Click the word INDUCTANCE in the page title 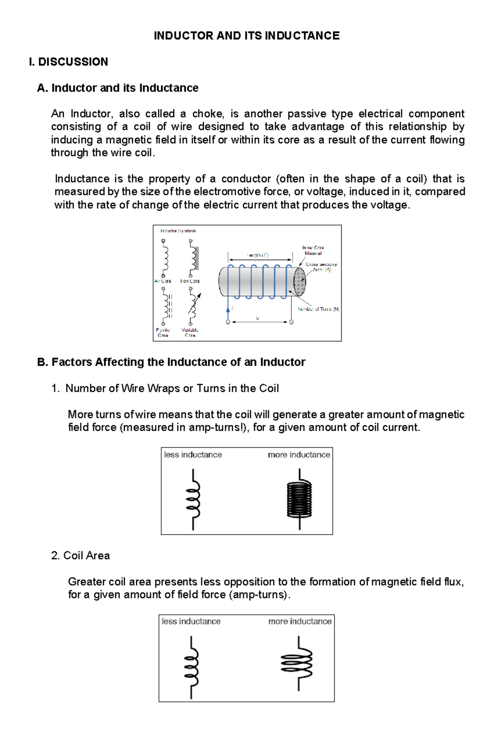302,36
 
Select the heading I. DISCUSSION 68,62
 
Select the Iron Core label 190,281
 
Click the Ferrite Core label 163,332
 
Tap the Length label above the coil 258,255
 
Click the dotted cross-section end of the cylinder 300,281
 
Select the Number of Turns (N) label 318,309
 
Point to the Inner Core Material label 313,250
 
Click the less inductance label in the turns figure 193,455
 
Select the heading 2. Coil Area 81,555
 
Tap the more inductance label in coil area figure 300,621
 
